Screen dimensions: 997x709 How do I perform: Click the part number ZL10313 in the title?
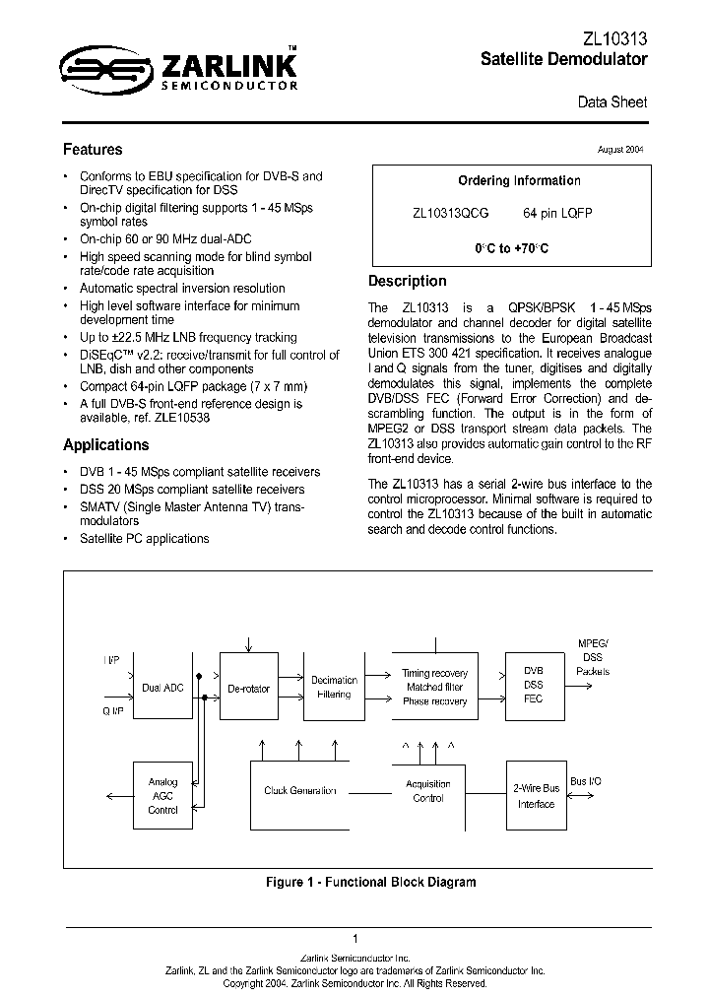click(x=613, y=38)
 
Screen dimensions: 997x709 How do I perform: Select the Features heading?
click(x=93, y=150)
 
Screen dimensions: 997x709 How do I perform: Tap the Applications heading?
click(x=106, y=444)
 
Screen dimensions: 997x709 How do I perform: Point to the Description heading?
click(x=407, y=281)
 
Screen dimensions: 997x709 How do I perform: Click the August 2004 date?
click(x=620, y=150)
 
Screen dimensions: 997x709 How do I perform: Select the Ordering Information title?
click(x=519, y=181)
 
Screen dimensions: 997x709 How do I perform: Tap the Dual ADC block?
click(x=163, y=688)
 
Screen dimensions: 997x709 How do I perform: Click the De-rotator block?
click(x=248, y=688)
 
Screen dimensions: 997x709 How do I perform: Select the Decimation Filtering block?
click(x=335, y=687)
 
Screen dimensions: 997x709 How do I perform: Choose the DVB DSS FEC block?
click(x=533, y=685)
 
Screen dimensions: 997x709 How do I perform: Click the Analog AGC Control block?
click(x=163, y=796)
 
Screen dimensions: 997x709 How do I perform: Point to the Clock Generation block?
click(x=300, y=790)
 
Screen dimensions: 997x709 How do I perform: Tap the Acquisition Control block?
click(x=428, y=791)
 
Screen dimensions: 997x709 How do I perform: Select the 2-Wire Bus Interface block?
click(x=537, y=796)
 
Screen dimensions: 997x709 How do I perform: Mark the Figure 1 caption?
click(x=370, y=882)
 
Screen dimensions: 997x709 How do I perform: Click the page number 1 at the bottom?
click(x=354, y=938)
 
